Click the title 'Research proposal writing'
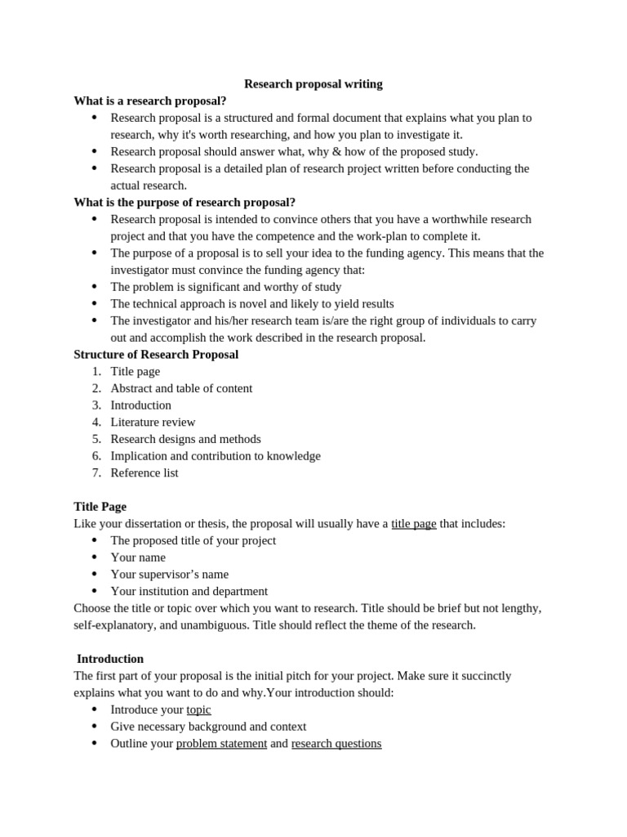pyautogui.click(x=313, y=84)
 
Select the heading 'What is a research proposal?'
pyautogui.click(x=150, y=101)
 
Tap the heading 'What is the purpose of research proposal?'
pyautogui.click(x=185, y=202)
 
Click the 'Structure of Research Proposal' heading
pyautogui.click(x=156, y=355)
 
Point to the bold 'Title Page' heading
pyautogui.click(x=100, y=507)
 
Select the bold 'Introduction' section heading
pyautogui.click(x=110, y=659)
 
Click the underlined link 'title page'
pyautogui.click(x=413, y=524)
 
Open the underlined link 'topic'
pyautogui.click(x=198, y=709)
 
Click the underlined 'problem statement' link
pyautogui.click(x=221, y=744)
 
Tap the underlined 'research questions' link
pyautogui.click(x=336, y=744)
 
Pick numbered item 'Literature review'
pyautogui.click(x=153, y=423)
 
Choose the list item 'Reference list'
pyautogui.click(x=144, y=473)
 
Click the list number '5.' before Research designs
pyautogui.click(x=96, y=440)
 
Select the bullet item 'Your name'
pyautogui.click(x=138, y=557)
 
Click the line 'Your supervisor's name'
pyautogui.click(x=169, y=575)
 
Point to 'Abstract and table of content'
pyautogui.click(x=181, y=388)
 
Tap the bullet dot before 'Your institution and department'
pyautogui.click(x=94, y=591)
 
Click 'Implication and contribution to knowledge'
pyautogui.click(x=216, y=456)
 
